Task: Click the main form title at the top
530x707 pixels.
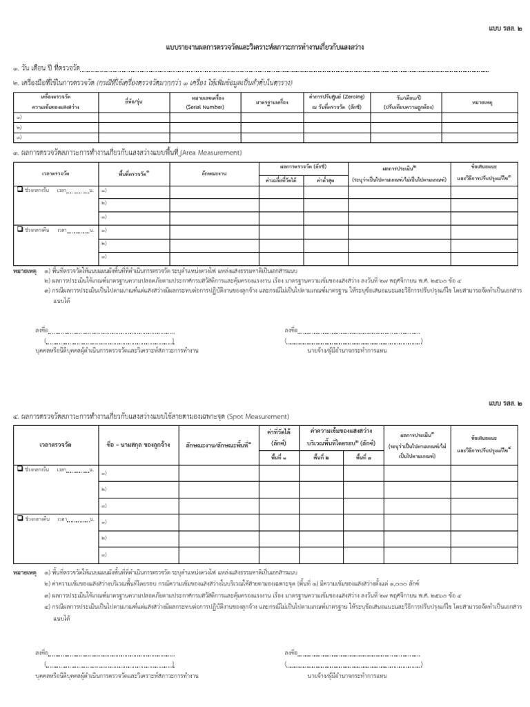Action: (265, 47)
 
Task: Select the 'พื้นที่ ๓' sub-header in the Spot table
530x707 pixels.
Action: (381, 456)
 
